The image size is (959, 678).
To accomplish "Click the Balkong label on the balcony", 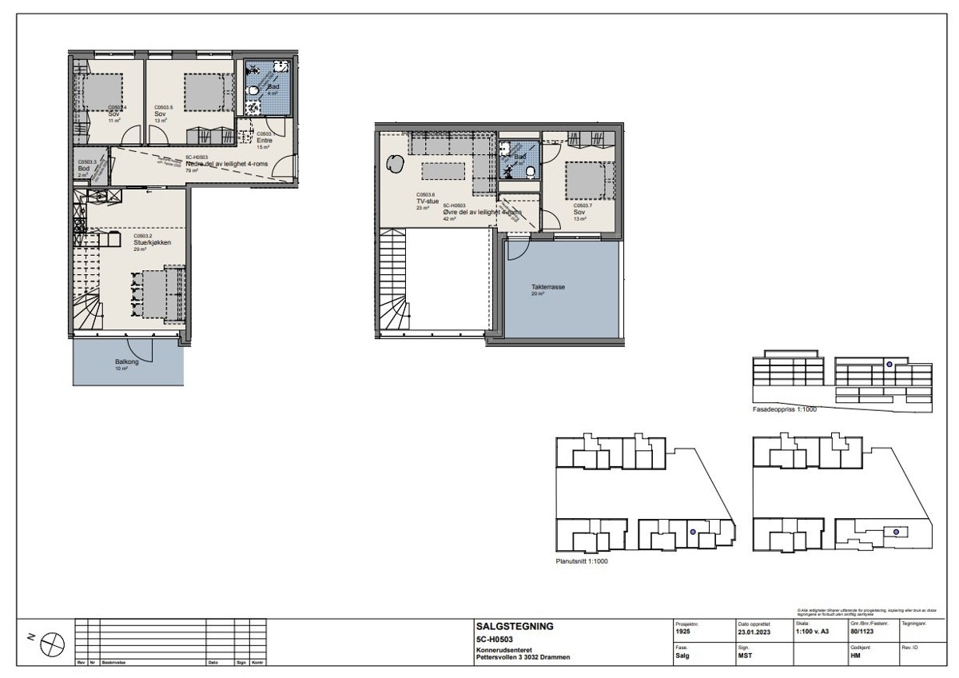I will (125, 362).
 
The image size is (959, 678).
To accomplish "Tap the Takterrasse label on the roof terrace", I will (549, 286).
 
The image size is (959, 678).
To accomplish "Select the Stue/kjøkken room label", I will (152, 242).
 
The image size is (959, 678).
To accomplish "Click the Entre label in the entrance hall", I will (264, 141).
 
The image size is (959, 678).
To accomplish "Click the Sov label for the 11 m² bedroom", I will (113, 114).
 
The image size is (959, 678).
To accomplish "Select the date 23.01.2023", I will (755, 631).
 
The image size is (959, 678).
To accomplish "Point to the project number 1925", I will (683, 631).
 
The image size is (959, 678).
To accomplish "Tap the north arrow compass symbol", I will (52, 641).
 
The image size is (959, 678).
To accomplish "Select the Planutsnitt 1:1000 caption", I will (582, 561).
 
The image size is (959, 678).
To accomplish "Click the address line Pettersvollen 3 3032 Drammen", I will (523, 658).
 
